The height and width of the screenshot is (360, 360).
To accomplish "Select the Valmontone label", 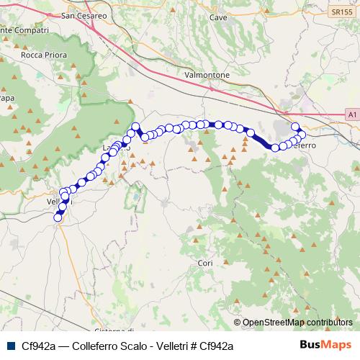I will (207, 75).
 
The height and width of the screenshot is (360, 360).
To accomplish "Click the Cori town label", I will (205, 264).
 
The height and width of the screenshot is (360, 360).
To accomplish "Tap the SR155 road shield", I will (343, 13).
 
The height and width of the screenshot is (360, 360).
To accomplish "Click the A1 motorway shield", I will (351, 114).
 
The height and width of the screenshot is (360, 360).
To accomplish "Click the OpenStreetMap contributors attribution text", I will (297, 322).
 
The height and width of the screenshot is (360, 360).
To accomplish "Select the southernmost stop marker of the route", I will (58, 217).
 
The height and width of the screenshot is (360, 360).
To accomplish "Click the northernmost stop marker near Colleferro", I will (294, 127).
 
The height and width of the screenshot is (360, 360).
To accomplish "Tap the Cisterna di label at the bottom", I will (114, 330).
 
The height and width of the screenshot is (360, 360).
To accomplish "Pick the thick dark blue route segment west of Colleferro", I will (261, 140).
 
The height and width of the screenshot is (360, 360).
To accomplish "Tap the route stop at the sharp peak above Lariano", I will (135, 127).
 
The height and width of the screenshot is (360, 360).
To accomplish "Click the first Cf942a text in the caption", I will (36, 346).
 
